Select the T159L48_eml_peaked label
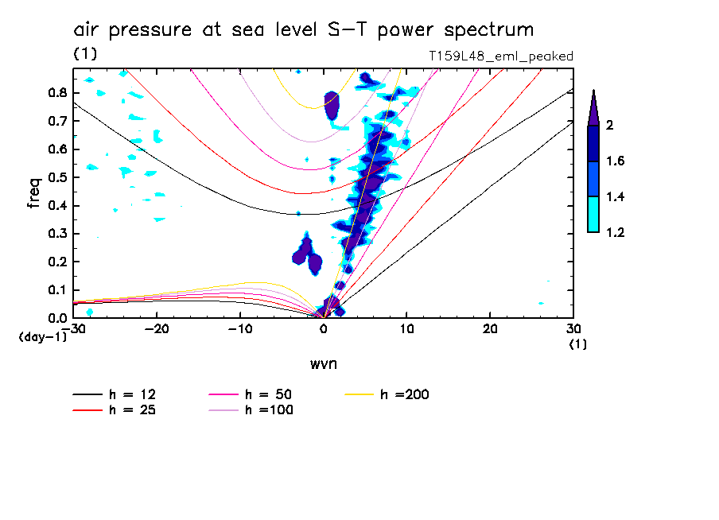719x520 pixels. (x=500, y=56)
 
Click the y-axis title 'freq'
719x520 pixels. (x=34, y=192)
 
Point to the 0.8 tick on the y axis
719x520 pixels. (x=56, y=92)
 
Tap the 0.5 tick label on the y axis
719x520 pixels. (x=56, y=177)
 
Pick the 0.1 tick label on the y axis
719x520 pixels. (x=56, y=290)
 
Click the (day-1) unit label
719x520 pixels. (x=43, y=337)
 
